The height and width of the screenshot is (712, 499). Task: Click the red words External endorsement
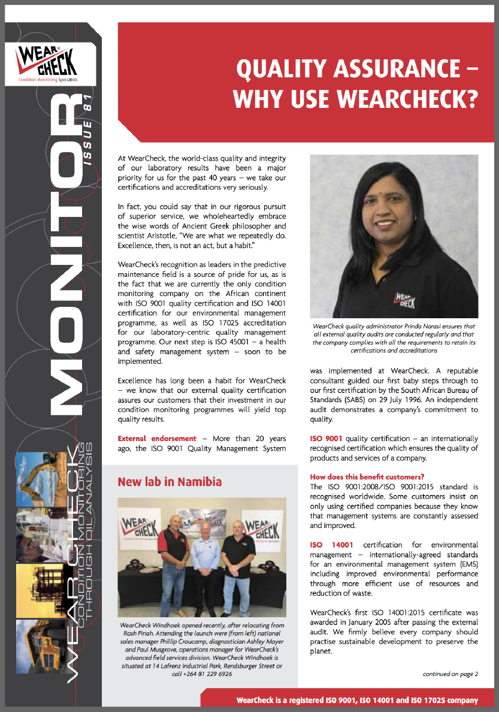pos(157,439)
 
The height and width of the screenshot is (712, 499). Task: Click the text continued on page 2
pos(450,674)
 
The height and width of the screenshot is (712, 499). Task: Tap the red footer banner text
pos(357,700)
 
